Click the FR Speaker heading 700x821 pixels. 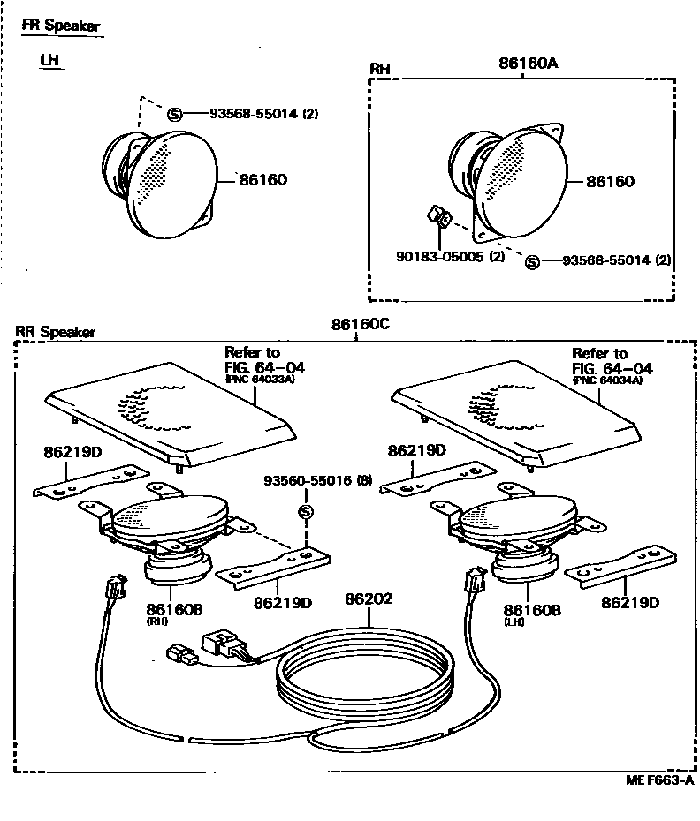pyautogui.click(x=60, y=26)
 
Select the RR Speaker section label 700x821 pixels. pyautogui.click(x=55, y=333)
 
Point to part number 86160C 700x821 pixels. pyautogui.click(x=361, y=324)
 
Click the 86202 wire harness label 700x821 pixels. pyautogui.click(x=369, y=599)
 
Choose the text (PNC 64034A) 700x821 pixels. pyautogui.click(x=606, y=380)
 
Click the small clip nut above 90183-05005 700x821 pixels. pyautogui.click(x=438, y=214)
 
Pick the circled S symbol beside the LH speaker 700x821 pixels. pyautogui.click(x=174, y=113)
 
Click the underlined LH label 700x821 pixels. pyautogui.click(x=49, y=61)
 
